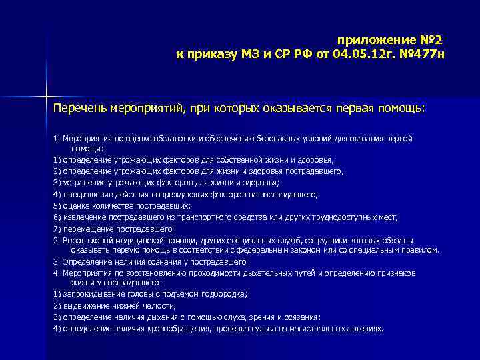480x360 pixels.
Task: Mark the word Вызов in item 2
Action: (x=73, y=239)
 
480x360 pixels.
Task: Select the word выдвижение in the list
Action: (x=83, y=305)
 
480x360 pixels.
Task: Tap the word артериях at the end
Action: (x=365, y=329)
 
